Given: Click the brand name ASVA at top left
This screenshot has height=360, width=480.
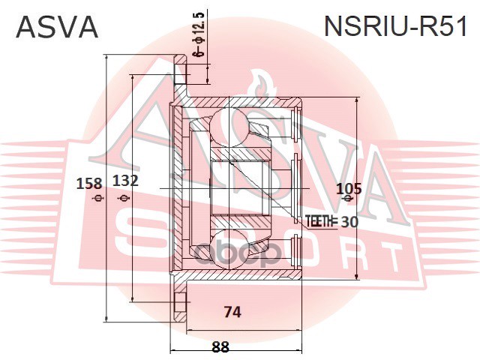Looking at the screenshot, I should tap(57, 28).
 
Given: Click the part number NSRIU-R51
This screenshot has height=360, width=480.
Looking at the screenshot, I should tap(395, 28).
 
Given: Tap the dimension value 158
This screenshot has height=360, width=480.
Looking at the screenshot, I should tap(91, 181).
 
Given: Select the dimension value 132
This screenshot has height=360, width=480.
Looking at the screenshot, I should tap(125, 181).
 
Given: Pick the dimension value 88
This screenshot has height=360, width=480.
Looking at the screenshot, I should tap(220, 346).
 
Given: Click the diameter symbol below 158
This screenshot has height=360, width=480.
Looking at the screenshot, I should tap(95, 198).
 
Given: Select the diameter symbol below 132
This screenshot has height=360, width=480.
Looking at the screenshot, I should tap(124, 198).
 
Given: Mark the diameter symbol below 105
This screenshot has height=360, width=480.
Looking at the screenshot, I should tap(346, 200).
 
